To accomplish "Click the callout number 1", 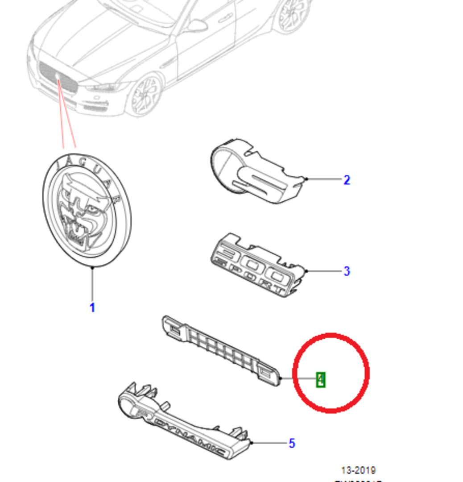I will point(92,307).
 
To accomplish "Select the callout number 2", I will point(347,180).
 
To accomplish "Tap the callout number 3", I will point(347,271).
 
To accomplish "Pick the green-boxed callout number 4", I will point(320,380).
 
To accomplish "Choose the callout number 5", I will point(292,443).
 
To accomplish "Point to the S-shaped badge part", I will point(256,172).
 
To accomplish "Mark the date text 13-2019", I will point(358,470).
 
